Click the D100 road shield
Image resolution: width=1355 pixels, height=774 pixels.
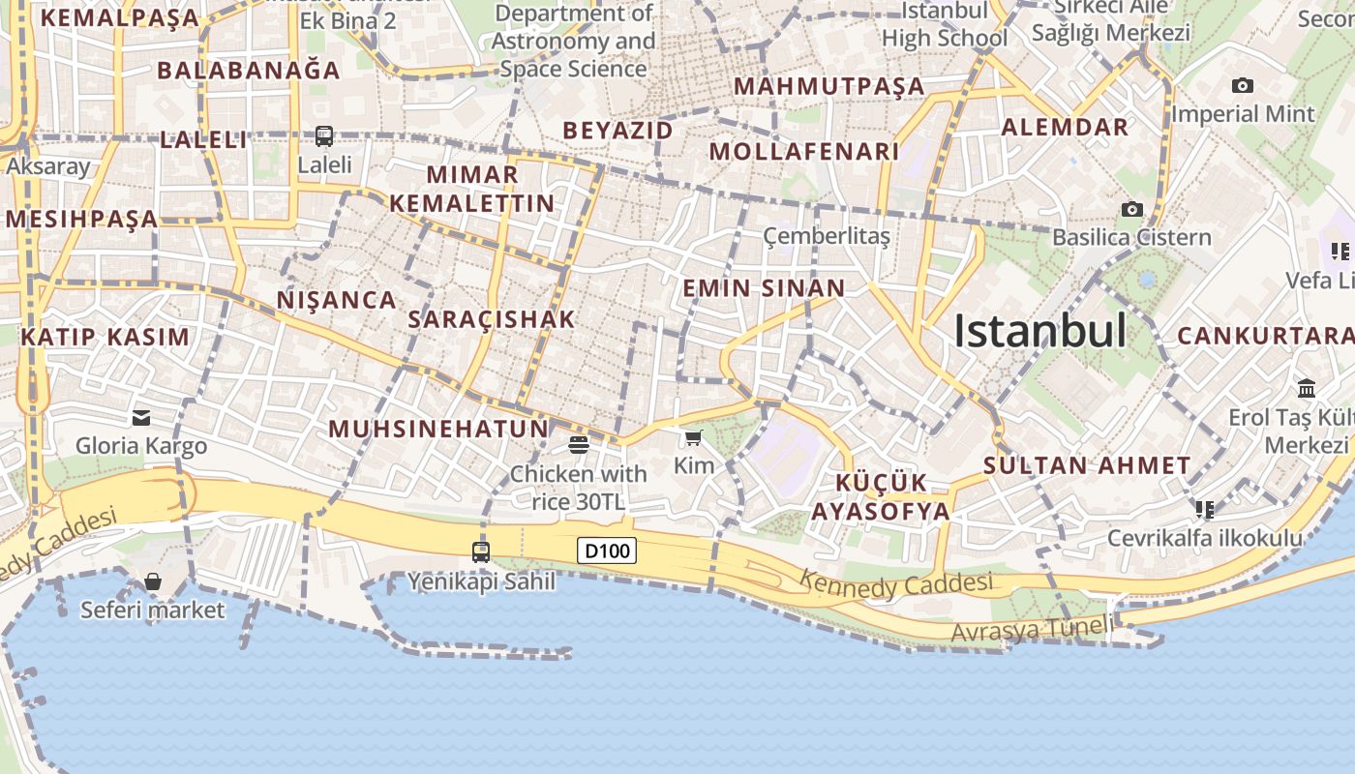[607, 551]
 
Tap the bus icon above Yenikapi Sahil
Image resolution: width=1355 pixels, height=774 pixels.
[480, 552]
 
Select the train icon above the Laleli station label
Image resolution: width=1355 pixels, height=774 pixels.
[324, 136]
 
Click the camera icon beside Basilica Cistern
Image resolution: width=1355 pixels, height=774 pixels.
[1130, 209]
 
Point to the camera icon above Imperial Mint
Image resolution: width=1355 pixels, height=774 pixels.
[1243, 86]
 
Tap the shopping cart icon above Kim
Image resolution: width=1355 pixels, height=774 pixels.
[693, 439]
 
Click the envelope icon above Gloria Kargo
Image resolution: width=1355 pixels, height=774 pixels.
[141, 418]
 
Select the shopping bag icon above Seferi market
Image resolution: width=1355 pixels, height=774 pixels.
[153, 581]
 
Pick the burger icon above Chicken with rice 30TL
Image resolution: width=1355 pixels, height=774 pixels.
[579, 445]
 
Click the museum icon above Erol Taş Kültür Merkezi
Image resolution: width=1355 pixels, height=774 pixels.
[1307, 388]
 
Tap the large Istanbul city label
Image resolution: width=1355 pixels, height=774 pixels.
[1039, 331]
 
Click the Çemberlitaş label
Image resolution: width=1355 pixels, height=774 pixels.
[826, 236]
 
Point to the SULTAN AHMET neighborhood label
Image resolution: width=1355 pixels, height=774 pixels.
[1087, 465]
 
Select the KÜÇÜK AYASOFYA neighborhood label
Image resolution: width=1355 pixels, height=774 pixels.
[881, 497]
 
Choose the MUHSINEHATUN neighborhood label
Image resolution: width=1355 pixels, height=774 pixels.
[438, 429]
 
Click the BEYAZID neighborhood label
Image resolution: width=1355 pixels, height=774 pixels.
[617, 130]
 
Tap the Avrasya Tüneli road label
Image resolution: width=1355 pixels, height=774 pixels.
[1032, 630]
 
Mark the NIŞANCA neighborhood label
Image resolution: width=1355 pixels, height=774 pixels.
[337, 300]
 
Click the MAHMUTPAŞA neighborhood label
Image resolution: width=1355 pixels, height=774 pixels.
[829, 86]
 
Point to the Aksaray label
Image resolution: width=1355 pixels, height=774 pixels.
[48, 166]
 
